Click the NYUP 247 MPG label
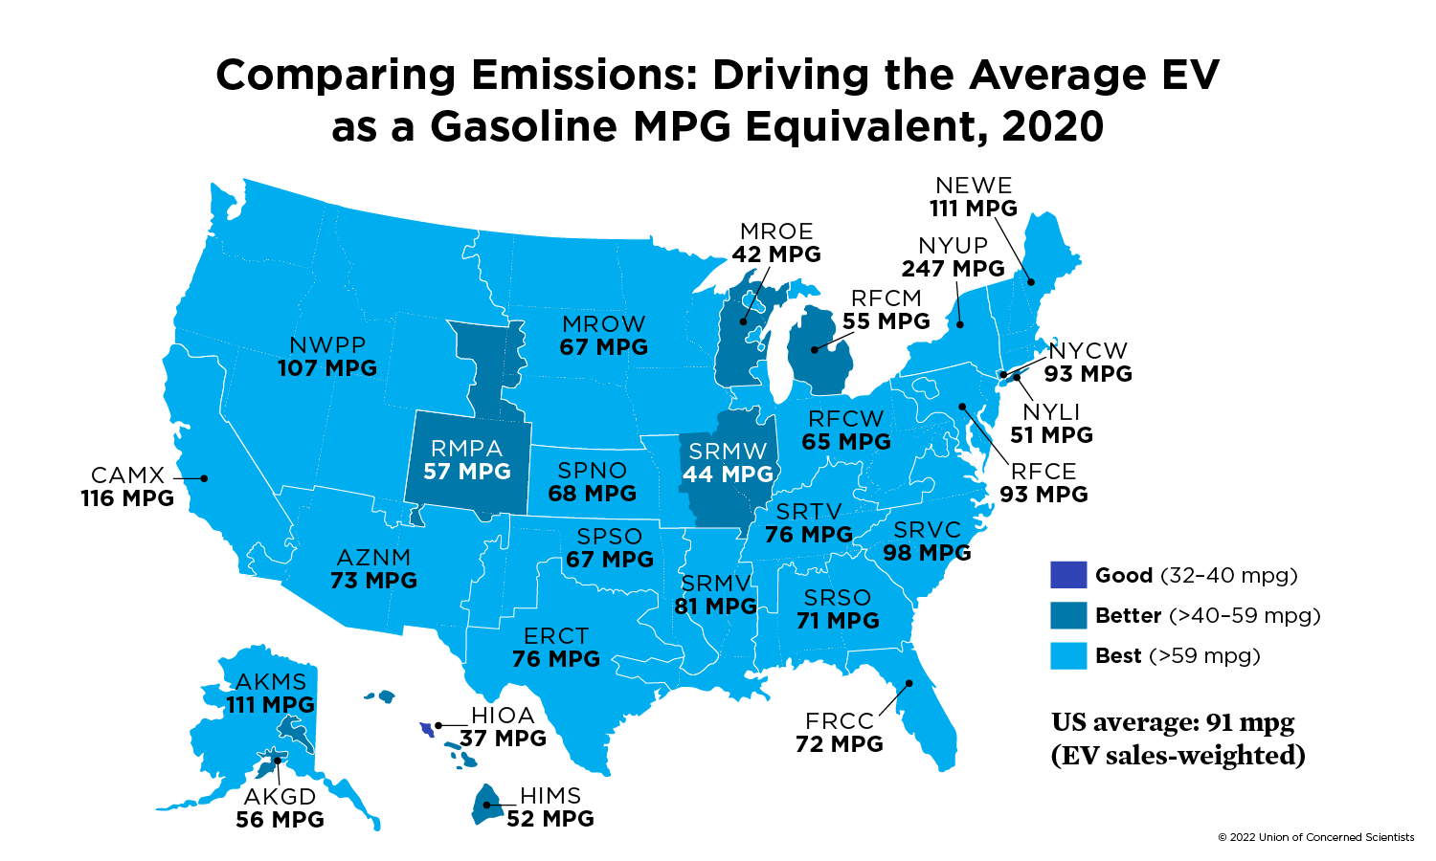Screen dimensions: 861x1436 pyautogui.click(x=953, y=258)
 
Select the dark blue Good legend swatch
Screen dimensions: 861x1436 pyautogui.click(x=1068, y=575)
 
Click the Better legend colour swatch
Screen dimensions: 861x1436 pyautogui.click(x=1068, y=615)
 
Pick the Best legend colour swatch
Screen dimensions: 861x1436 pyautogui.click(x=1068, y=655)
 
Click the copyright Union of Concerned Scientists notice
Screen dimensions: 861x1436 pyautogui.click(x=1315, y=837)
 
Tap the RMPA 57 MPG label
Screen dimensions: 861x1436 pyautogui.click(x=467, y=460)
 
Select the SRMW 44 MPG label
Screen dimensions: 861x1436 pyautogui.click(x=728, y=462)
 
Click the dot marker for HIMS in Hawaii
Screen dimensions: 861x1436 pyautogui.click(x=486, y=806)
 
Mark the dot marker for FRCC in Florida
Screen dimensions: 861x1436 pyautogui.click(x=909, y=683)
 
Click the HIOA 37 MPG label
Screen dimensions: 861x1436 pyautogui.click(x=503, y=727)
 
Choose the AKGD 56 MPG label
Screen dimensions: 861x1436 pyautogui.click(x=280, y=808)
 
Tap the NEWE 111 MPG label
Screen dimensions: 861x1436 pyautogui.click(x=974, y=197)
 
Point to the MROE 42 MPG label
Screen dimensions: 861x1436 pyautogui.click(x=776, y=243)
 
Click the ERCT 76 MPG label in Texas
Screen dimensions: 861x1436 pyautogui.click(x=556, y=648)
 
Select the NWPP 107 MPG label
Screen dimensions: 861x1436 pyautogui.click(x=327, y=357)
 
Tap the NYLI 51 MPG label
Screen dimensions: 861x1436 pyautogui.click(x=1051, y=424)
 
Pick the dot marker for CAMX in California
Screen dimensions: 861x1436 pyautogui.click(x=204, y=477)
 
